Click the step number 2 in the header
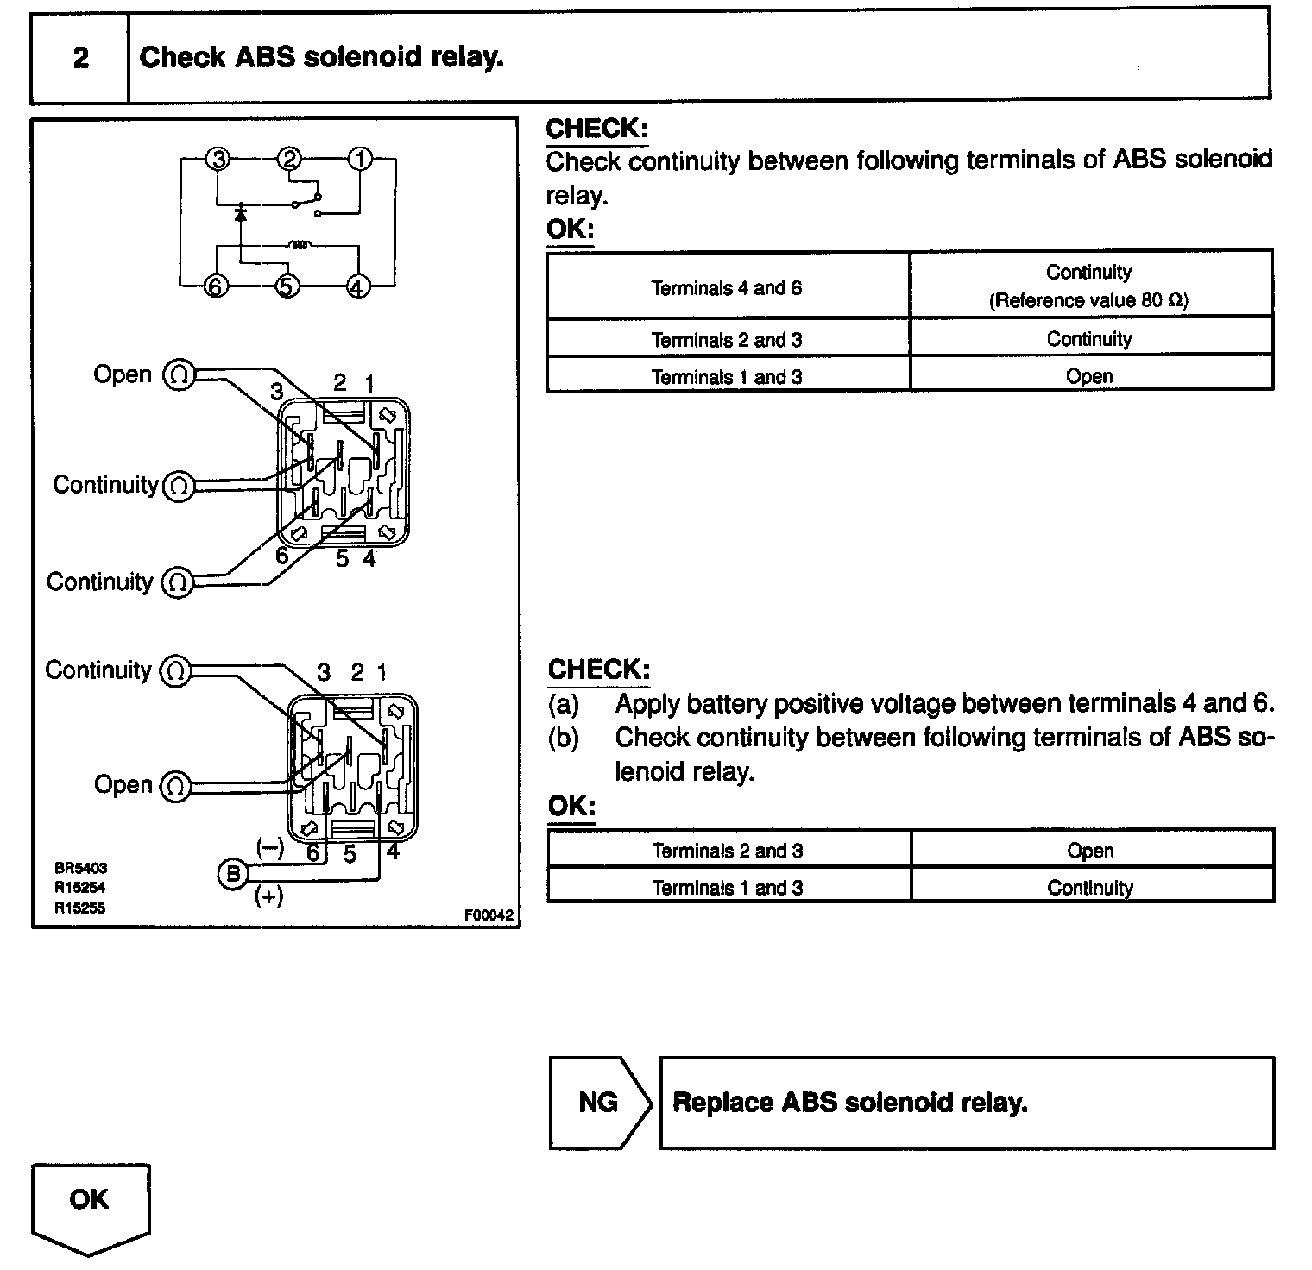coord(80,58)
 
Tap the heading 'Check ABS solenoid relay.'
coord(321,58)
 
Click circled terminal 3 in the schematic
coord(219,160)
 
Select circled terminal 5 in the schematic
coord(287,286)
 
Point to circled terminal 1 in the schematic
coord(360,160)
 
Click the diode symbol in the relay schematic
coord(241,211)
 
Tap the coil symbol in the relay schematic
coord(299,245)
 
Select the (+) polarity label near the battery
coord(268,896)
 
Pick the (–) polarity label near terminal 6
coord(270,847)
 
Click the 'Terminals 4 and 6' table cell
coord(727,288)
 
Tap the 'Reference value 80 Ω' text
coord(1088,301)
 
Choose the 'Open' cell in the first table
coord(1089,377)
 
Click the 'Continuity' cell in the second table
coord(1090,888)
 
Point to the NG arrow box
coord(599,1103)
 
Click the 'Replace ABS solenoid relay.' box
coord(966,1103)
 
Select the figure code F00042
coord(489,916)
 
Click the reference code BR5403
coord(80,869)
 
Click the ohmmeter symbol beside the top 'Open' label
coord(180,375)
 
